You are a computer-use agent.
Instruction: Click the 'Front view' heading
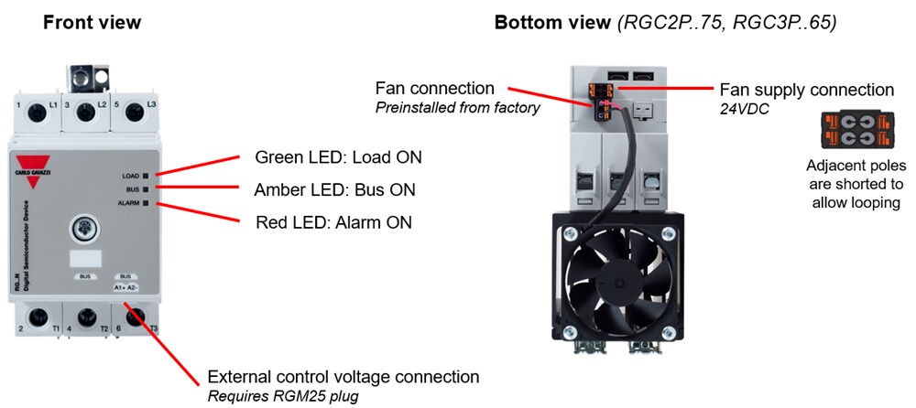click(92, 22)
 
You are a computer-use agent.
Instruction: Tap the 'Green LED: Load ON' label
click(338, 156)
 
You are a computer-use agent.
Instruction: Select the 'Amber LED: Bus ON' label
click(334, 189)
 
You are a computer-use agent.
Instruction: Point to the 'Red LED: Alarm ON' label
click(333, 221)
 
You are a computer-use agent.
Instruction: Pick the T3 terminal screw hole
click(135, 319)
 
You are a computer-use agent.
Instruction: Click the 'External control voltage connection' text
click(343, 376)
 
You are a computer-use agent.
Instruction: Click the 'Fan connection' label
click(435, 89)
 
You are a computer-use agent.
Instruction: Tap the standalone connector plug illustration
click(855, 131)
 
